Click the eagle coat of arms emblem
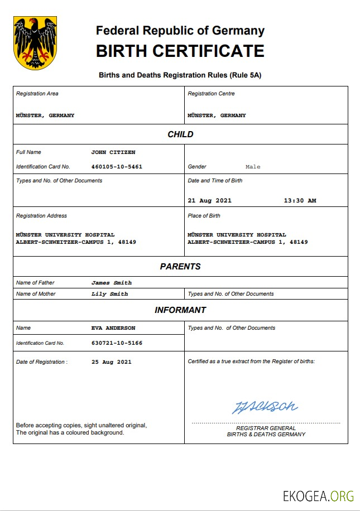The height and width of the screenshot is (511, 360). [x=35, y=43]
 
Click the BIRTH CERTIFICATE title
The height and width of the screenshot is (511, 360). [x=180, y=51]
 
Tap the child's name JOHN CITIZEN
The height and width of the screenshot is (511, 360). [x=113, y=152]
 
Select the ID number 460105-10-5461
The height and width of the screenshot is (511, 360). [x=117, y=167]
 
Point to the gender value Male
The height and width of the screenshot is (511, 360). [x=253, y=167]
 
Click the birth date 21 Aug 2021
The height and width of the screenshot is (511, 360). [x=209, y=201]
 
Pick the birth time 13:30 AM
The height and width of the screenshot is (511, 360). [x=300, y=201]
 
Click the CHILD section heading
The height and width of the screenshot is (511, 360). [x=180, y=134]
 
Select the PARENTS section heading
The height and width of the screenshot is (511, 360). [x=180, y=267]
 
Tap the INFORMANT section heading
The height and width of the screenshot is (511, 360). [x=180, y=310]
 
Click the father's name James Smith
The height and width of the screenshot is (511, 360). [x=112, y=283]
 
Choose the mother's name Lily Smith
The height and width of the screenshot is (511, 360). [x=109, y=294]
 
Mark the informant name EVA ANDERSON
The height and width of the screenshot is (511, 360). [x=113, y=328]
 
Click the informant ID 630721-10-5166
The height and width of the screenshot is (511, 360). [x=117, y=343]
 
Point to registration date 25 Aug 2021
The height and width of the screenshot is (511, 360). [x=112, y=362]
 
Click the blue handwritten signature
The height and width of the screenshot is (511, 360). [x=265, y=407]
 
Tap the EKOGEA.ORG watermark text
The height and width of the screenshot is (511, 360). [x=318, y=495]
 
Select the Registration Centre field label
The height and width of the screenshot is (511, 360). [x=211, y=94]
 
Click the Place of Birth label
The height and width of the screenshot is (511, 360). [x=204, y=216]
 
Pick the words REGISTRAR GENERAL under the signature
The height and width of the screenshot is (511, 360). [x=266, y=428]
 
